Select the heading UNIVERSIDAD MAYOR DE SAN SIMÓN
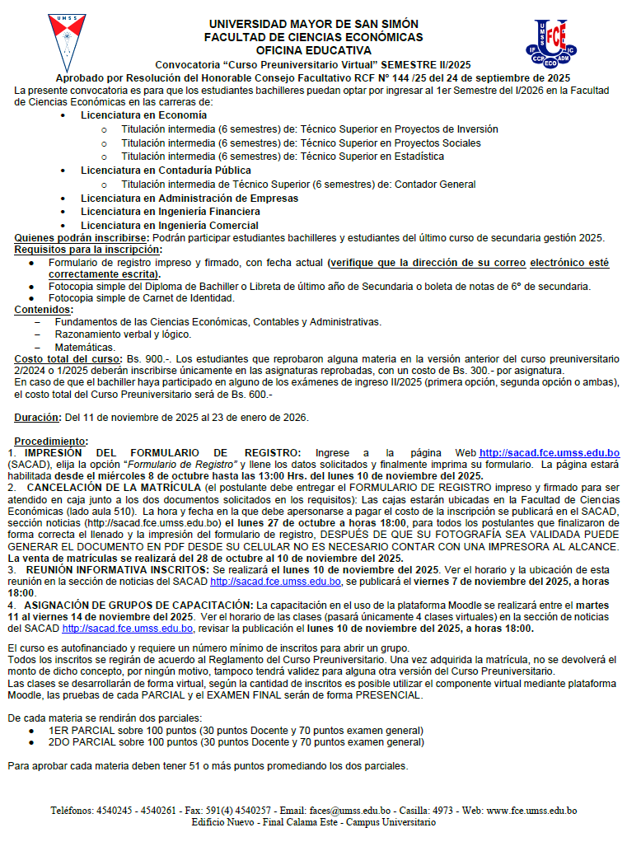tap(314, 25)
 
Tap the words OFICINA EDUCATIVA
tap(314, 50)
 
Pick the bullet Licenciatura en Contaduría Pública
tap(154, 171)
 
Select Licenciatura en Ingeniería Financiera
tap(170, 212)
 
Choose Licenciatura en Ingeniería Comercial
tap(169, 225)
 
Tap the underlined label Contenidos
tap(44, 310)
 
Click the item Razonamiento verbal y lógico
tap(123, 335)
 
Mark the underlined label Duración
tap(38, 417)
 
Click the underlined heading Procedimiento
tap(50, 441)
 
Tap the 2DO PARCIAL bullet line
tap(236, 742)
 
